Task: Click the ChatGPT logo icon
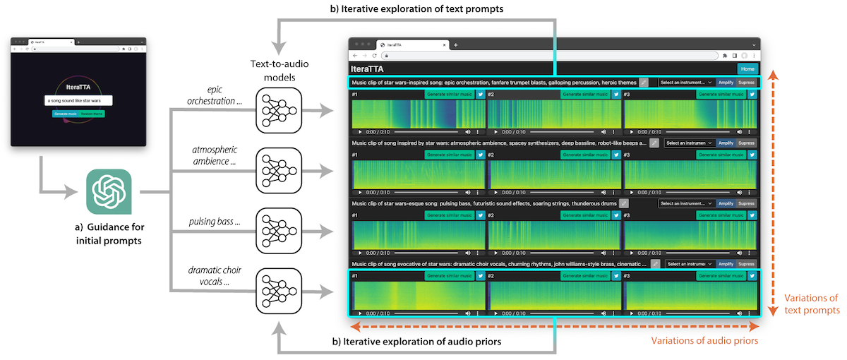point(108,191)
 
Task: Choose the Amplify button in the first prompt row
point(726,83)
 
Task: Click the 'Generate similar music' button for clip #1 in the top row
point(449,94)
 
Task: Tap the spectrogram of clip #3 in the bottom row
point(690,294)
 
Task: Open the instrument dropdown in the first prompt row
point(686,83)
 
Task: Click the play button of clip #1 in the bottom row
point(360,312)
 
